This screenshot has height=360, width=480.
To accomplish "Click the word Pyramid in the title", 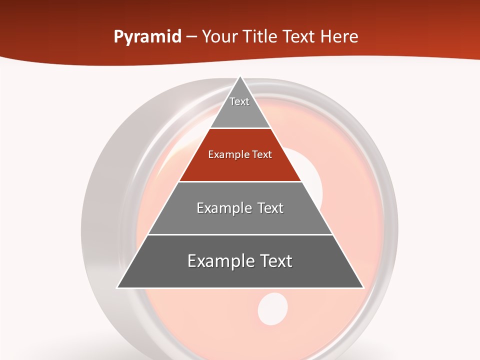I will tap(147, 37).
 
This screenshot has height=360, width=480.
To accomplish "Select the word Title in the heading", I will tap(261, 36).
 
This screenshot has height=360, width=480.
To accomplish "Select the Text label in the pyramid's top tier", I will tap(239, 101).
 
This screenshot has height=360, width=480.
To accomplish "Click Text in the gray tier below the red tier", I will tap(271, 208).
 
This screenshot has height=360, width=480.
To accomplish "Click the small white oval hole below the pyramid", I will tap(273, 307).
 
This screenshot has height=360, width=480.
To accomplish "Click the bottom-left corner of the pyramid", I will tap(117, 287).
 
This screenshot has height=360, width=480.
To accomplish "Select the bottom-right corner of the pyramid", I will tap(363, 287).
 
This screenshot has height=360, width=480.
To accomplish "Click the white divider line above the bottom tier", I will tap(240, 234).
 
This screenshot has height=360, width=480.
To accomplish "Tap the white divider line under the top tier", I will tap(240, 128).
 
